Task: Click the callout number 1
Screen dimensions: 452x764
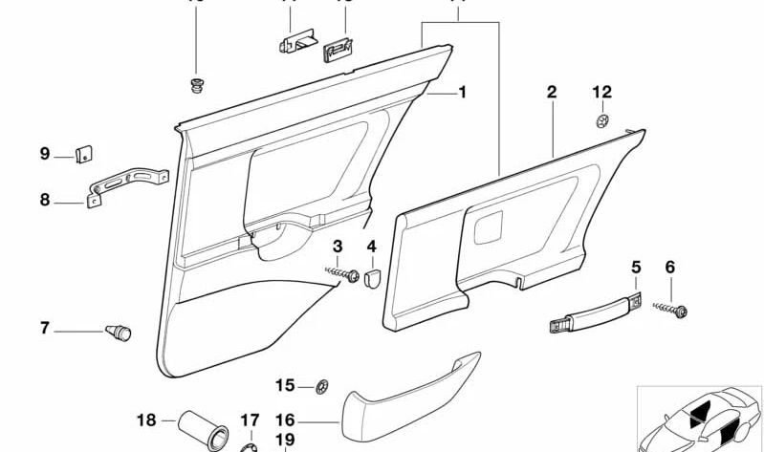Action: [463, 93]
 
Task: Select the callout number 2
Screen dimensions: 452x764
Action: [552, 93]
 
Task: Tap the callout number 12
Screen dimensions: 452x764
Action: [600, 93]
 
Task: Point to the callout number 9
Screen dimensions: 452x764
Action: [44, 153]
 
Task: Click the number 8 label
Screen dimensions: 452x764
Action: [44, 200]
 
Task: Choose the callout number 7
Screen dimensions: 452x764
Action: [44, 329]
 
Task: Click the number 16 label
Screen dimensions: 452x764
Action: [285, 420]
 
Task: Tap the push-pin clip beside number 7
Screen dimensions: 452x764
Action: [118, 332]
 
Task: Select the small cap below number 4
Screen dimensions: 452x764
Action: [372, 276]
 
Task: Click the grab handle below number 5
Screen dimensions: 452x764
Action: [590, 312]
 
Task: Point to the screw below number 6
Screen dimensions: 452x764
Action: [675, 308]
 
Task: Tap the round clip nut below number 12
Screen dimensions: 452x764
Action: [600, 120]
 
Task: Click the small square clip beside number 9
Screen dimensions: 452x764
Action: [83, 152]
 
